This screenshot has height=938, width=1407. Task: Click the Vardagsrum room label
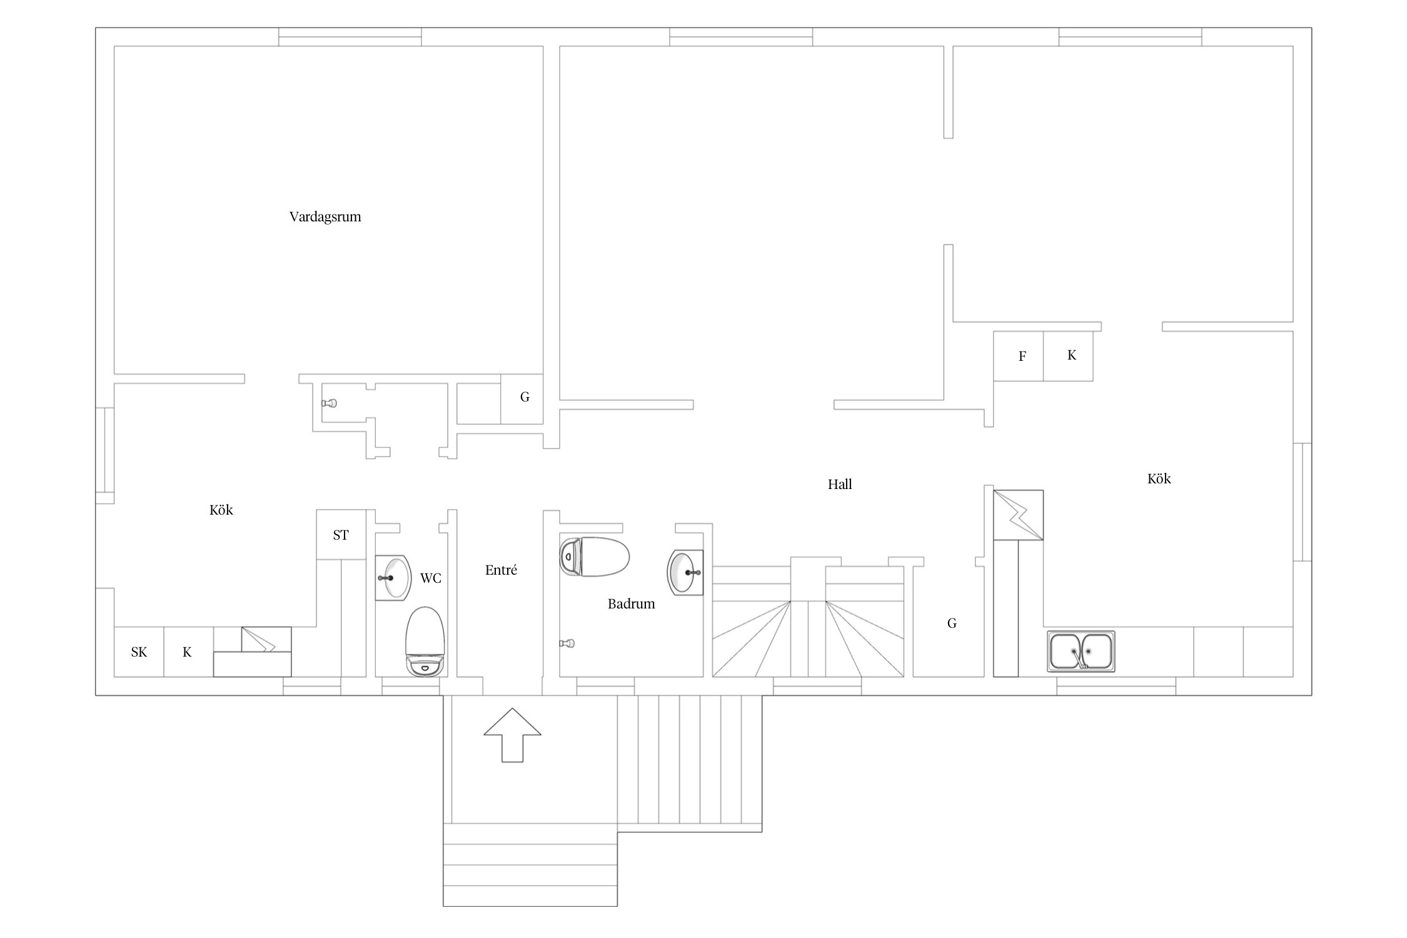(x=325, y=217)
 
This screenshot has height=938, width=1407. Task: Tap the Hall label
(x=840, y=484)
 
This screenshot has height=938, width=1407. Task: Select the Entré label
(x=501, y=570)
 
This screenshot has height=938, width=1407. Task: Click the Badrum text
(x=632, y=603)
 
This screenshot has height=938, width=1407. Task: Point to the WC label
(x=431, y=578)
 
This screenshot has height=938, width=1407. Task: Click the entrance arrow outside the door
(x=512, y=735)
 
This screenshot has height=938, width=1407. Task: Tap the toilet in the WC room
(x=425, y=641)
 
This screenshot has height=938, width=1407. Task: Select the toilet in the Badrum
(x=594, y=557)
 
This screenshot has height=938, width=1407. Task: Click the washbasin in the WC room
(x=393, y=578)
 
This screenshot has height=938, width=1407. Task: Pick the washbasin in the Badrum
(x=686, y=572)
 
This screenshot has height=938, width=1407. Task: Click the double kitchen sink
(x=1081, y=651)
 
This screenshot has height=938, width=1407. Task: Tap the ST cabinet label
(x=341, y=535)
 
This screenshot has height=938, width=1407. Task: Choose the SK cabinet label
(x=139, y=652)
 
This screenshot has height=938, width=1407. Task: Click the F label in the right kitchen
(x=1022, y=356)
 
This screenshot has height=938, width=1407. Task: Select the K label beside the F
(x=1072, y=355)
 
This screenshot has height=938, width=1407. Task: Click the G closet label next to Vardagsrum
(x=525, y=396)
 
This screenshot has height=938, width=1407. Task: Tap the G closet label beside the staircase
(x=952, y=623)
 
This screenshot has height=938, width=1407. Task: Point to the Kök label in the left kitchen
(x=221, y=510)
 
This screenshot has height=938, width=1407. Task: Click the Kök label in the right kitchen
(x=1159, y=478)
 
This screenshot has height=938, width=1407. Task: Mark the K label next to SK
(x=187, y=652)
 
